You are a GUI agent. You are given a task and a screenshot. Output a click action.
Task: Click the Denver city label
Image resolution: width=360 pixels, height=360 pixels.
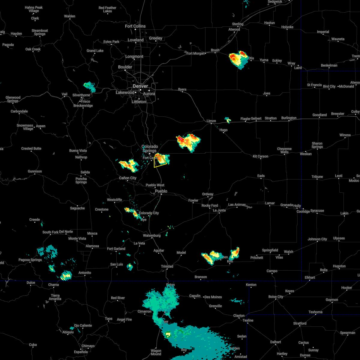coord(140,86)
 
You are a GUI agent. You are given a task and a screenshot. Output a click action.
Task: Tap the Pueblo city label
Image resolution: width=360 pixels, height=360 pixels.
coord(161,191)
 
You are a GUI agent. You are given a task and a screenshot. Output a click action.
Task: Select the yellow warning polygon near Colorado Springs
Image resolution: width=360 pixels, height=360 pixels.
coord(160,161)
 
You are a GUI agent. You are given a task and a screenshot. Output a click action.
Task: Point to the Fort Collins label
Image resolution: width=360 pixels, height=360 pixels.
coord(135,26)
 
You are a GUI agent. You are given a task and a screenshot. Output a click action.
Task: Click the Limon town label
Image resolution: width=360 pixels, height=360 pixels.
coord(211,121)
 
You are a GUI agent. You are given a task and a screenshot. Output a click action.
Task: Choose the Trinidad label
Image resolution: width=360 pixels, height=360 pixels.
coord(167,266)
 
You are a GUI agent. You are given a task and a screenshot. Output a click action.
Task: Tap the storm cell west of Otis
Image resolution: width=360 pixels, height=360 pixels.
coord(238,59)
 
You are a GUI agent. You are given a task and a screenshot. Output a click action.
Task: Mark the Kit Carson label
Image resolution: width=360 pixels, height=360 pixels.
coord(260,156)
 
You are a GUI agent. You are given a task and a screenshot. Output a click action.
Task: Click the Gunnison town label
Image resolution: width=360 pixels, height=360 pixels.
coord(35,171)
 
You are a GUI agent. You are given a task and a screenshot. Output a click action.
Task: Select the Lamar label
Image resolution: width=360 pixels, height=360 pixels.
coord(270,203)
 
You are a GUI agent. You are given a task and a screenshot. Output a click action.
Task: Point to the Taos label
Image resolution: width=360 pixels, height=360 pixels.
coord(109,319)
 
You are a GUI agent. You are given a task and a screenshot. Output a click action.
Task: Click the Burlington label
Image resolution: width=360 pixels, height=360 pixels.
coord(289,118)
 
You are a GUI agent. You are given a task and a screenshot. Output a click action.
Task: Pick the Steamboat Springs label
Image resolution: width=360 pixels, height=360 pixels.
coord(40,32)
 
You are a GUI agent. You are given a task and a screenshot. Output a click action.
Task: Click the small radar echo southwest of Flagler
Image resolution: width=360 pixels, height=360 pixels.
coord(228,120)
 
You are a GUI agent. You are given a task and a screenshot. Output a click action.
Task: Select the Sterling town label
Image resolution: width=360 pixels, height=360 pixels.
coord(238,24)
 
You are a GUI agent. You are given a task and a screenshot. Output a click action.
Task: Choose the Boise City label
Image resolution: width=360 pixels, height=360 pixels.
coord(276,297)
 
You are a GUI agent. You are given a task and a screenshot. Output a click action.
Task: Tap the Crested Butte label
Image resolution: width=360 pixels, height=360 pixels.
coord(31,148)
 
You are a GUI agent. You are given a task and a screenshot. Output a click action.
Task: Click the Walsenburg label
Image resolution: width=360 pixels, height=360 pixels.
coord(151,235)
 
